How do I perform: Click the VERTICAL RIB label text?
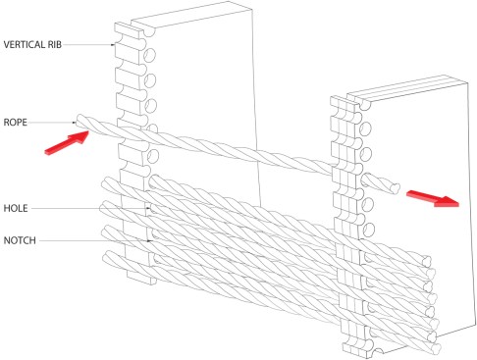click(32, 44)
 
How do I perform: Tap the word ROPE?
click(15, 123)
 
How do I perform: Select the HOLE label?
click(16, 208)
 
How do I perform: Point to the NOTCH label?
click(20, 240)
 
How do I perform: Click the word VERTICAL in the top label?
click(24, 44)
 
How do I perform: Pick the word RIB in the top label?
click(55, 44)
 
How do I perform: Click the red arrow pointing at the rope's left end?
click(67, 143)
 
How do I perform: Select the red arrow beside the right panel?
click(433, 198)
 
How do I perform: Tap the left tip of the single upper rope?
click(79, 120)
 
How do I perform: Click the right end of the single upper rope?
click(396, 188)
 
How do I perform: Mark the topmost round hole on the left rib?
click(150, 56)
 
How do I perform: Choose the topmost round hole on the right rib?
click(365, 129)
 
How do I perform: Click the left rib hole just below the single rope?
click(152, 156)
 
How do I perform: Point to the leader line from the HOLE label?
click(90, 208)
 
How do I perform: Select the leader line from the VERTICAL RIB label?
click(88, 44)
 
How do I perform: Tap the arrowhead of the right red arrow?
click(448, 201)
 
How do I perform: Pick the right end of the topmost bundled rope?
click(427, 261)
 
